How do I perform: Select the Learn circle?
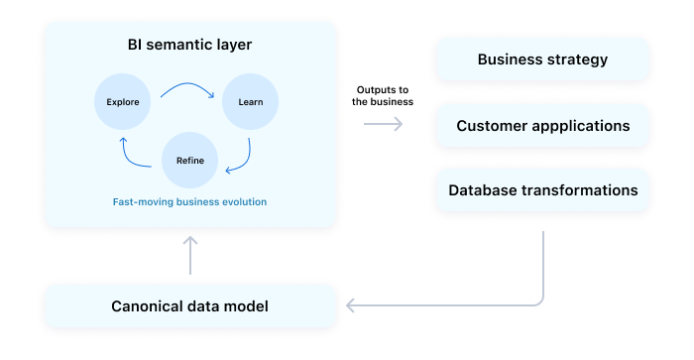[x=250, y=102]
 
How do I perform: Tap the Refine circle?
[x=189, y=160]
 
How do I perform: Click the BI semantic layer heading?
[x=189, y=47]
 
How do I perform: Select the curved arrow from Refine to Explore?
[x=132, y=154]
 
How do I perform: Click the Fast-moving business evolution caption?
[x=189, y=201]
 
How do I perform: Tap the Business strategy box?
[x=542, y=60]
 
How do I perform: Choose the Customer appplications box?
[x=542, y=126]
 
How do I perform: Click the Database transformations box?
[x=542, y=189]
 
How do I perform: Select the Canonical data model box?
[x=189, y=306]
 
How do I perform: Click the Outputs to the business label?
[x=383, y=95]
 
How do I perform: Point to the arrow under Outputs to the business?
[x=383, y=124]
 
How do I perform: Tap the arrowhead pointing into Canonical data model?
[x=351, y=304]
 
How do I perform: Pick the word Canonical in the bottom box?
[x=147, y=306]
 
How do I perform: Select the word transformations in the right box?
[x=576, y=189]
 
